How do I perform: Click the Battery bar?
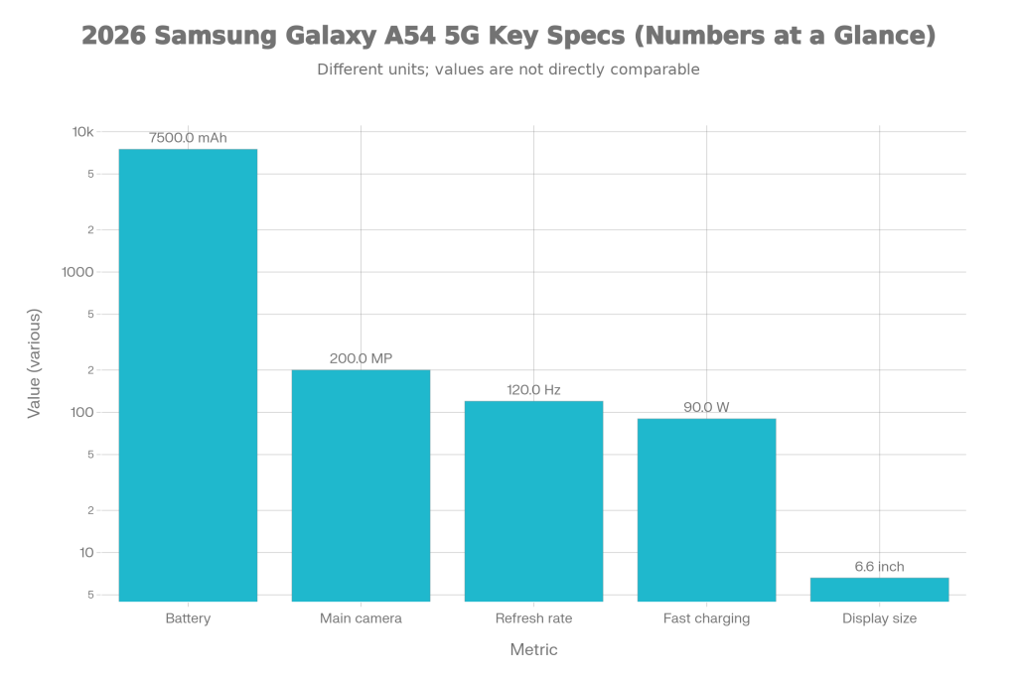tap(188, 375)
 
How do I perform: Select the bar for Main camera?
tap(361, 485)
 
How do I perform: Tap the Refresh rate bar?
tap(533, 500)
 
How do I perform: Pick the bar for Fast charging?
tap(706, 509)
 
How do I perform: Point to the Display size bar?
tap(879, 589)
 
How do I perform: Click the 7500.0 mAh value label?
tap(188, 138)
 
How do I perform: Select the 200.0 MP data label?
tap(361, 358)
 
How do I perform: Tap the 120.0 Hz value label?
tap(533, 390)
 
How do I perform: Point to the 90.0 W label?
tap(706, 407)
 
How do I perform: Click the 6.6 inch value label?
tap(879, 567)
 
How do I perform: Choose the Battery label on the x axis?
tap(188, 618)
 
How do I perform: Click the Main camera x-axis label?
tap(361, 618)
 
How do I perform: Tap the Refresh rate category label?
tap(533, 618)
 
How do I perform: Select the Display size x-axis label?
tap(879, 618)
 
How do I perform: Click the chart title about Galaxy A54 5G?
tap(508, 37)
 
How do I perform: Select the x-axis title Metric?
tap(533, 649)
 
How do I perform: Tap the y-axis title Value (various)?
tap(35, 363)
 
